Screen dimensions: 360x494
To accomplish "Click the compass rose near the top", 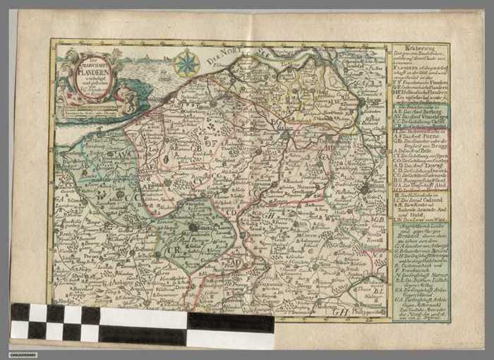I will [187, 64].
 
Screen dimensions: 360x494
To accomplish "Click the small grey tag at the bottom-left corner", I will [23, 354].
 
